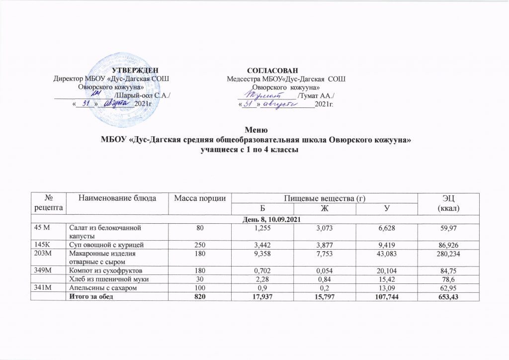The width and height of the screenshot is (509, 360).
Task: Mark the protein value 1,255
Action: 262,228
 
